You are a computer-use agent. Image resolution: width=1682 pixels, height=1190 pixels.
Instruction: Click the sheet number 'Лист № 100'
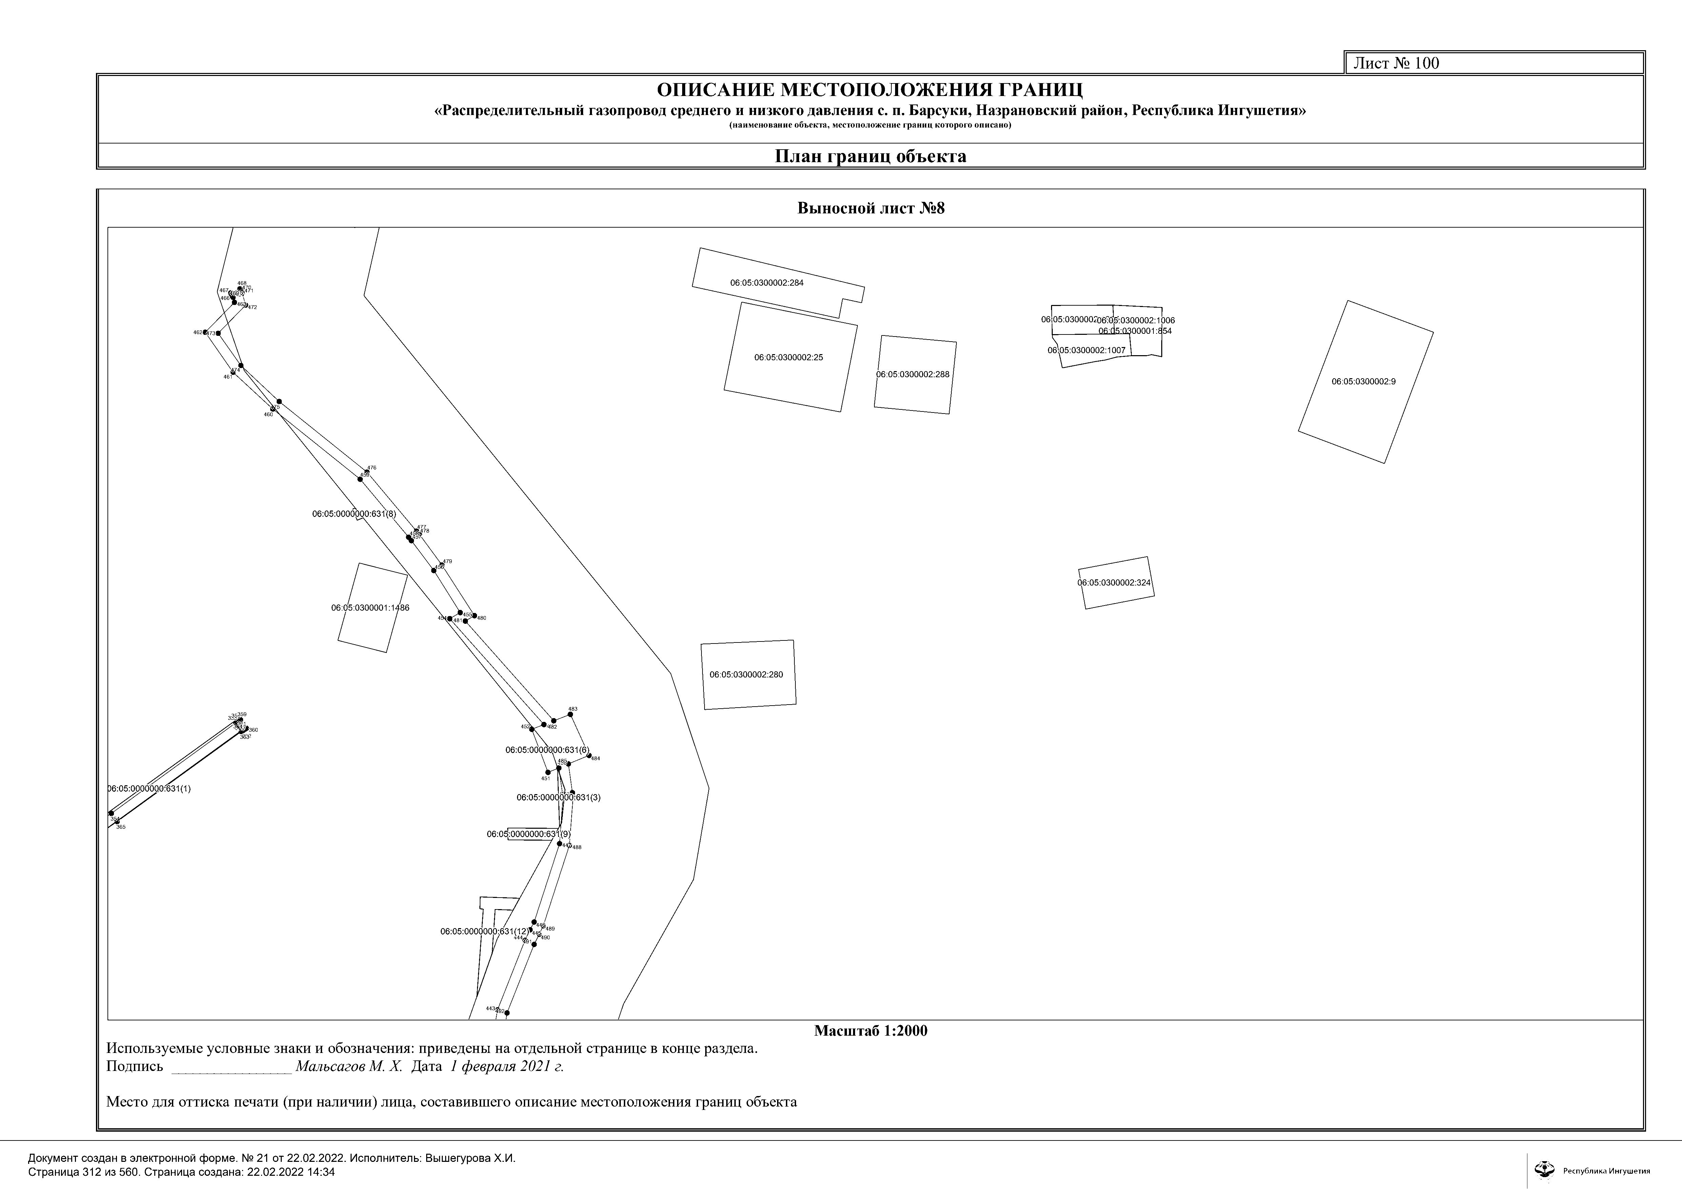click(1396, 63)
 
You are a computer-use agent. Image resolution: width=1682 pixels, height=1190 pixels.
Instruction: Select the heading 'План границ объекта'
click(870, 156)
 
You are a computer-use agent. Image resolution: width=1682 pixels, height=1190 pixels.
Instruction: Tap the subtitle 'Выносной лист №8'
click(871, 208)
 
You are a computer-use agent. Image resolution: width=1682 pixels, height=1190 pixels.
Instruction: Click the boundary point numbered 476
click(367, 473)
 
